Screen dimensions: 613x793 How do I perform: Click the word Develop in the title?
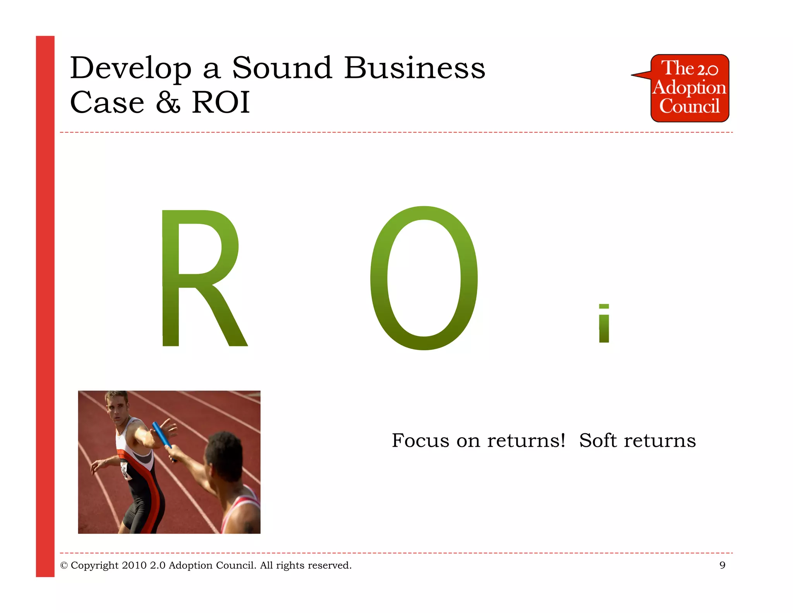point(131,69)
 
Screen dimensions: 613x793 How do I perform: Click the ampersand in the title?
point(168,102)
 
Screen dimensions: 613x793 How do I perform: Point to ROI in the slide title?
point(221,102)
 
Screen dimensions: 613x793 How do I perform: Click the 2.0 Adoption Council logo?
point(689,88)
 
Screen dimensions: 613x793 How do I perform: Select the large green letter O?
point(424,278)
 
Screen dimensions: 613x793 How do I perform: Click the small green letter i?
point(604,324)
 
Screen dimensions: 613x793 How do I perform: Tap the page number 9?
point(722,565)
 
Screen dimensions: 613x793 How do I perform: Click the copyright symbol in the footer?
point(64,566)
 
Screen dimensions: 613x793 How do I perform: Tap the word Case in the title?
point(107,102)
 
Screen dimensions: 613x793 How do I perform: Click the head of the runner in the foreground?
point(223,453)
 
